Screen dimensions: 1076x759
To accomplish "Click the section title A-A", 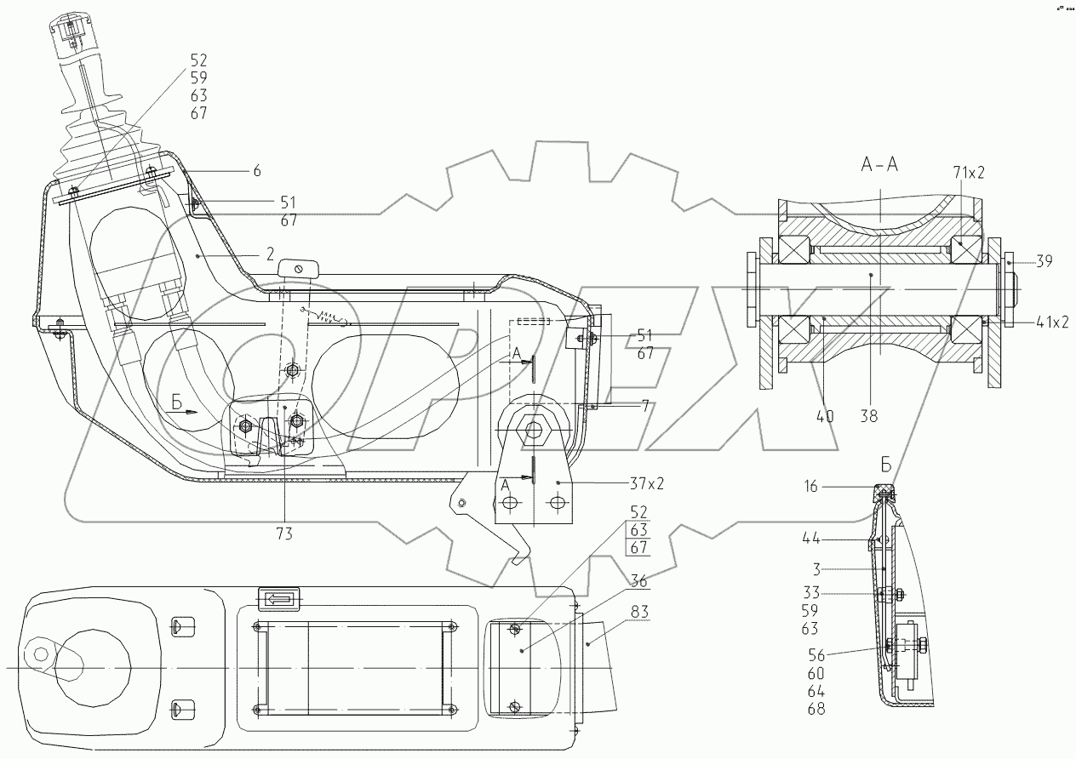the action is (879, 165).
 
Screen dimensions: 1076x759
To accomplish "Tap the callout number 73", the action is (284, 534).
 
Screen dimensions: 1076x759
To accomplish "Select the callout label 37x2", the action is (646, 483).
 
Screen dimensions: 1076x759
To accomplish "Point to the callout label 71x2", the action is (969, 173).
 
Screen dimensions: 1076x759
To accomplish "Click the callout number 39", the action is (1044, 261).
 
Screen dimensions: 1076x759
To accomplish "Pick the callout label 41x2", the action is (1052, 322).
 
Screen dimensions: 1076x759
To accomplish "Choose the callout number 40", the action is (824, 416).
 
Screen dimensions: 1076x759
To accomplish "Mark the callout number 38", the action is (869, 416).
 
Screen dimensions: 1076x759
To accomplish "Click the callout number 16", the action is (810, 487).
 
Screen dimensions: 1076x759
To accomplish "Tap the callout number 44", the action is (811, 539).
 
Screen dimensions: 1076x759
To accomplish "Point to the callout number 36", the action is (638, 581).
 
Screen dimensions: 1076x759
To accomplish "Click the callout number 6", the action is (257, 170).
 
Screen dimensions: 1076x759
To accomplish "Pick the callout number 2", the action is (271, 254).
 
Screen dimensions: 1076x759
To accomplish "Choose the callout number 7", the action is (645, 406).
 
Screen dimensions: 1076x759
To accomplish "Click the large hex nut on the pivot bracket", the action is (533, 430).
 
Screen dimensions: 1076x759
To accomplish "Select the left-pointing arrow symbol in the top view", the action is (278, 599).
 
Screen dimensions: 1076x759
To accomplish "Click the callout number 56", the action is (816, 655).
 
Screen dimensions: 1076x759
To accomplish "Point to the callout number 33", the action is (811, 593).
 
